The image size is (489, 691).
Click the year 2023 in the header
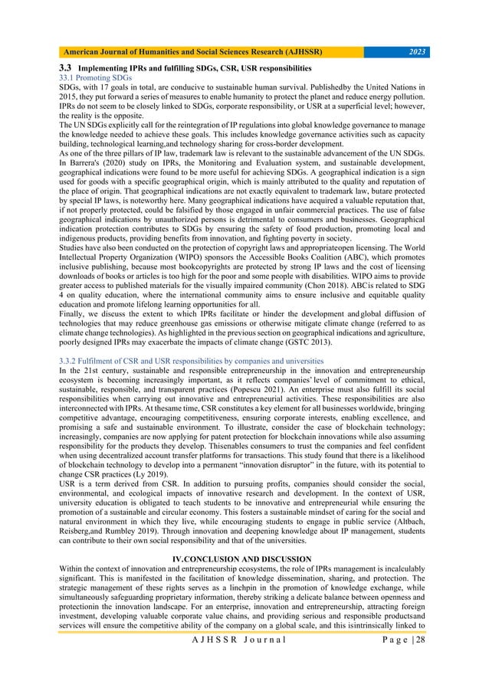coord(418,52)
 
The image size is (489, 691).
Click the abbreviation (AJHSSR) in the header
coord(294,52)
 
